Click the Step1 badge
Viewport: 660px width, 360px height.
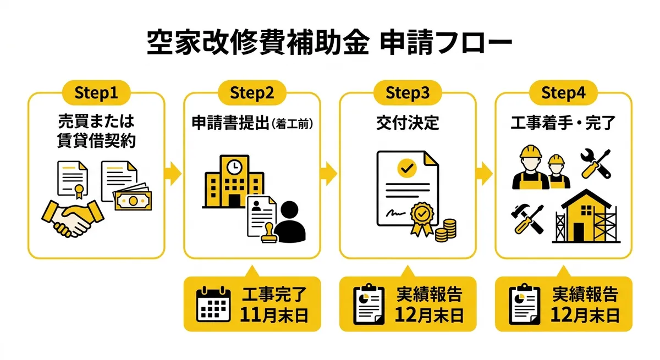tap(96, 92)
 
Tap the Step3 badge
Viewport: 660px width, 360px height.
tap(408, 92)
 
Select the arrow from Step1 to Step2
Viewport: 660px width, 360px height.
tap(173, 174)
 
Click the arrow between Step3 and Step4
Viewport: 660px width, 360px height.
tap(484, 174)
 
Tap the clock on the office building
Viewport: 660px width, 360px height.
tap(234, 167)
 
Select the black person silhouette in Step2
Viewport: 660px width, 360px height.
tap(290, 221)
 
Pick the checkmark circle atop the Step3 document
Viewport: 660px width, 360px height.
tap(407, 168)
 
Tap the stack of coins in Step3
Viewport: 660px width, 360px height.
tap(446, 230)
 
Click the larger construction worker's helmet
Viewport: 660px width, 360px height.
tap(530, 151)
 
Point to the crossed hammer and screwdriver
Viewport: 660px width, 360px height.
tap(527, 219)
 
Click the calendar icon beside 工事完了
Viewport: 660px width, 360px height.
tap(213, 304)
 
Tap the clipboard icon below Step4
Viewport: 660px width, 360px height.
tap(525, 304)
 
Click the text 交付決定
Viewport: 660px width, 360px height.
tap(408, 123)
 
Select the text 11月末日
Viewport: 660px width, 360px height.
tap(274, 315)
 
